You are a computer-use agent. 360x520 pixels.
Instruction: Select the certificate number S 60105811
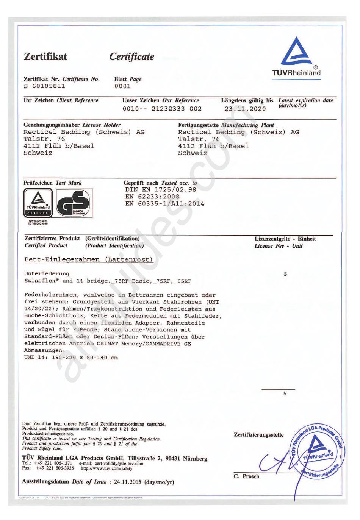click(44, 86)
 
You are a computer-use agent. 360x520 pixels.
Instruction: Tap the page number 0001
click(122, 86)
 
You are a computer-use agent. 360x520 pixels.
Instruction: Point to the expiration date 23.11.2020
click(245, 109)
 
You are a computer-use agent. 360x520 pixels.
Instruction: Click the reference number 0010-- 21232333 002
click(162, 109)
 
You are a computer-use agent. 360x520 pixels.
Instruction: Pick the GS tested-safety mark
click(74, 203)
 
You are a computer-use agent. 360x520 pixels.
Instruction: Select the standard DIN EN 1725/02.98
click(161, 190)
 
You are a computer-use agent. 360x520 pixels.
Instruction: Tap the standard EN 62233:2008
click(152, 197)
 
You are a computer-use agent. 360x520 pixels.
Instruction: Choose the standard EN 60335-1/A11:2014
click(165, 204)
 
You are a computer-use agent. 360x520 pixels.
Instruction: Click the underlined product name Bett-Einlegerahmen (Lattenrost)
click(89, 260)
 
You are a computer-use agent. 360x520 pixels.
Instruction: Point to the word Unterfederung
click(47, 273)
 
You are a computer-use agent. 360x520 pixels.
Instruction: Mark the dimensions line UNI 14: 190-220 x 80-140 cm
click(71, 358)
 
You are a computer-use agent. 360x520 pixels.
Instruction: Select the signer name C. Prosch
click(246, 476)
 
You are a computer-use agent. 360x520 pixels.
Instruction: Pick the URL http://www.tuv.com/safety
click(106, 468)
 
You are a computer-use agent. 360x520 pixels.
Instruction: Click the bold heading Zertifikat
click(45, 56)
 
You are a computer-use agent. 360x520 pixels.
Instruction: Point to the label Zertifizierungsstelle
click(258, 435)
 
